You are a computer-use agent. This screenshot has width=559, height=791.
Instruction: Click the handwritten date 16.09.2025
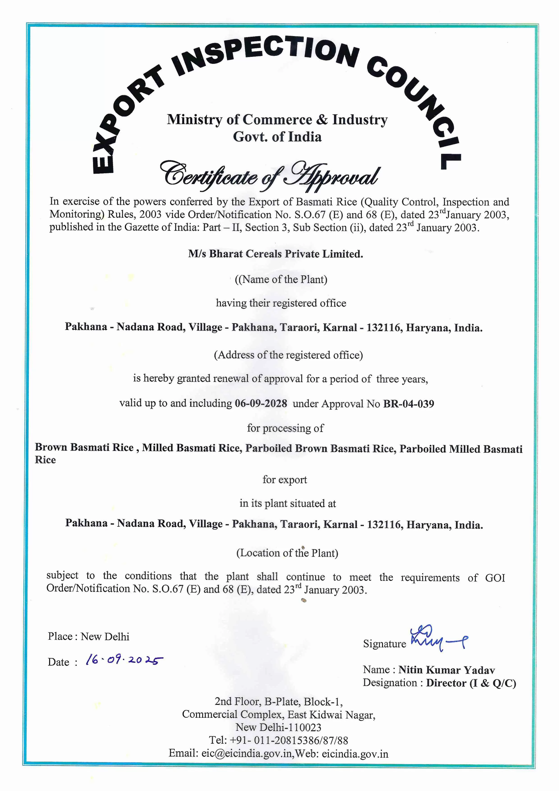[124, 660]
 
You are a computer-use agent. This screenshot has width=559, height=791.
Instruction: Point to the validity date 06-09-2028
[261, 403]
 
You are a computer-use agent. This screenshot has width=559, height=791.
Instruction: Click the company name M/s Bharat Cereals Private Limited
[275, 254]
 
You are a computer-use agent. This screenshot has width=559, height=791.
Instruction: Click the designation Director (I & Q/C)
[471, 683]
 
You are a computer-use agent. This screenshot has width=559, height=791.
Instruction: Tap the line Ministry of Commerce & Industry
[277, 120]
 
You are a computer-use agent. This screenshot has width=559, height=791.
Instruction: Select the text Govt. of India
[277, 137]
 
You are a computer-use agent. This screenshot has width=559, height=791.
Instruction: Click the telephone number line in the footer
[278, 740]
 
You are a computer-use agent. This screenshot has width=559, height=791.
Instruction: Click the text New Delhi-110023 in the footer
[278, 727]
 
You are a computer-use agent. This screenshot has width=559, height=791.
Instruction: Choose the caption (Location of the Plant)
[287, 553]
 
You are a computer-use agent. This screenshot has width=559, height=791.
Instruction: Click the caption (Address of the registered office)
[288, 355]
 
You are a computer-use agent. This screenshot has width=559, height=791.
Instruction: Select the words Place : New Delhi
[89, 636]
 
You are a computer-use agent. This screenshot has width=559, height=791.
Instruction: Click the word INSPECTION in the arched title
[265, 55]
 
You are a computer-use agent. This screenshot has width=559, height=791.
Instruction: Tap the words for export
[284, 480]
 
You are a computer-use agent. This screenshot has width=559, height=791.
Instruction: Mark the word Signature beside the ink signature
[384, 644]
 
